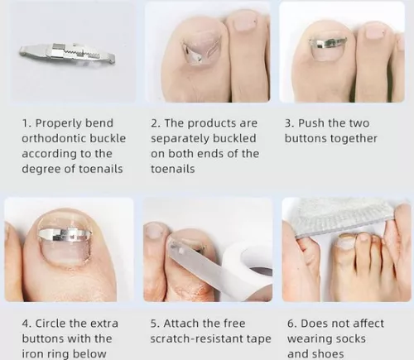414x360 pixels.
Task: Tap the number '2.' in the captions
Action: pos(156,122)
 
